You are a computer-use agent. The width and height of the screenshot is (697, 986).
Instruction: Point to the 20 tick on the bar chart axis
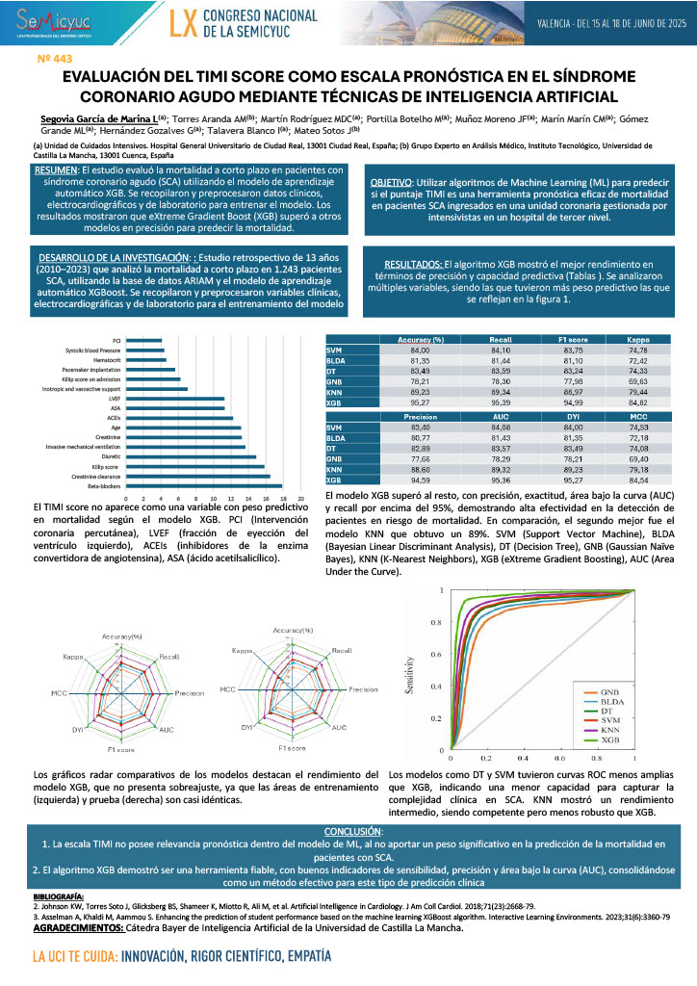[x=300, y=498]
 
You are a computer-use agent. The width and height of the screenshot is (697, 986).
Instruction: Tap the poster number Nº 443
[x=55, y=60]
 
